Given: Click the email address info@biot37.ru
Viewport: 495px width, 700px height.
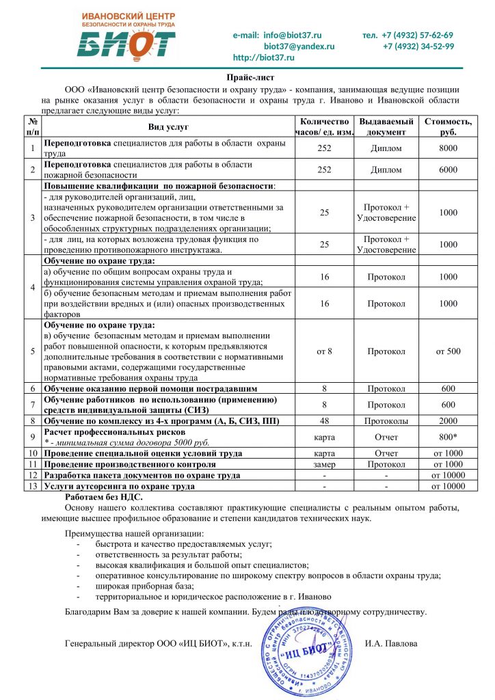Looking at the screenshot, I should pos(277,35).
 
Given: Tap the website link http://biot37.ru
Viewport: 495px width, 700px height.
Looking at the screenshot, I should pos(264,57).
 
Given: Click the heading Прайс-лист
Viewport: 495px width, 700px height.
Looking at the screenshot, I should pos(247,79).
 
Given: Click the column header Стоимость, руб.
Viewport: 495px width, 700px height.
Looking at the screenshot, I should pos(448,126).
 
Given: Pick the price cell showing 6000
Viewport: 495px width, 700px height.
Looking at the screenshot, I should pos(448,170).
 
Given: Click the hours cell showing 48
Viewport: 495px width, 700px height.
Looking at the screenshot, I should pos(325,420).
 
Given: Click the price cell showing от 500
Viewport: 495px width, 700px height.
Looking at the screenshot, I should pos(448,351).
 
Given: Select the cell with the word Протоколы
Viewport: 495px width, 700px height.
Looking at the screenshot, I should pos(386,420).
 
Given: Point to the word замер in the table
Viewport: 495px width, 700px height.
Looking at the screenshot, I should pos(325,464).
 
